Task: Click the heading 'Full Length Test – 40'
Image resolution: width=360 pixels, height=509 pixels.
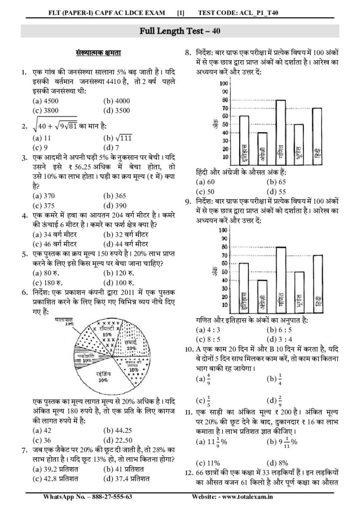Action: (180, 30)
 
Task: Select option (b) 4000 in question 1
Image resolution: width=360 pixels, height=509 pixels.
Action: (116, 100)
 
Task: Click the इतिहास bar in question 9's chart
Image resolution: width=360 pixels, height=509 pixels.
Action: (244, 288)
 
